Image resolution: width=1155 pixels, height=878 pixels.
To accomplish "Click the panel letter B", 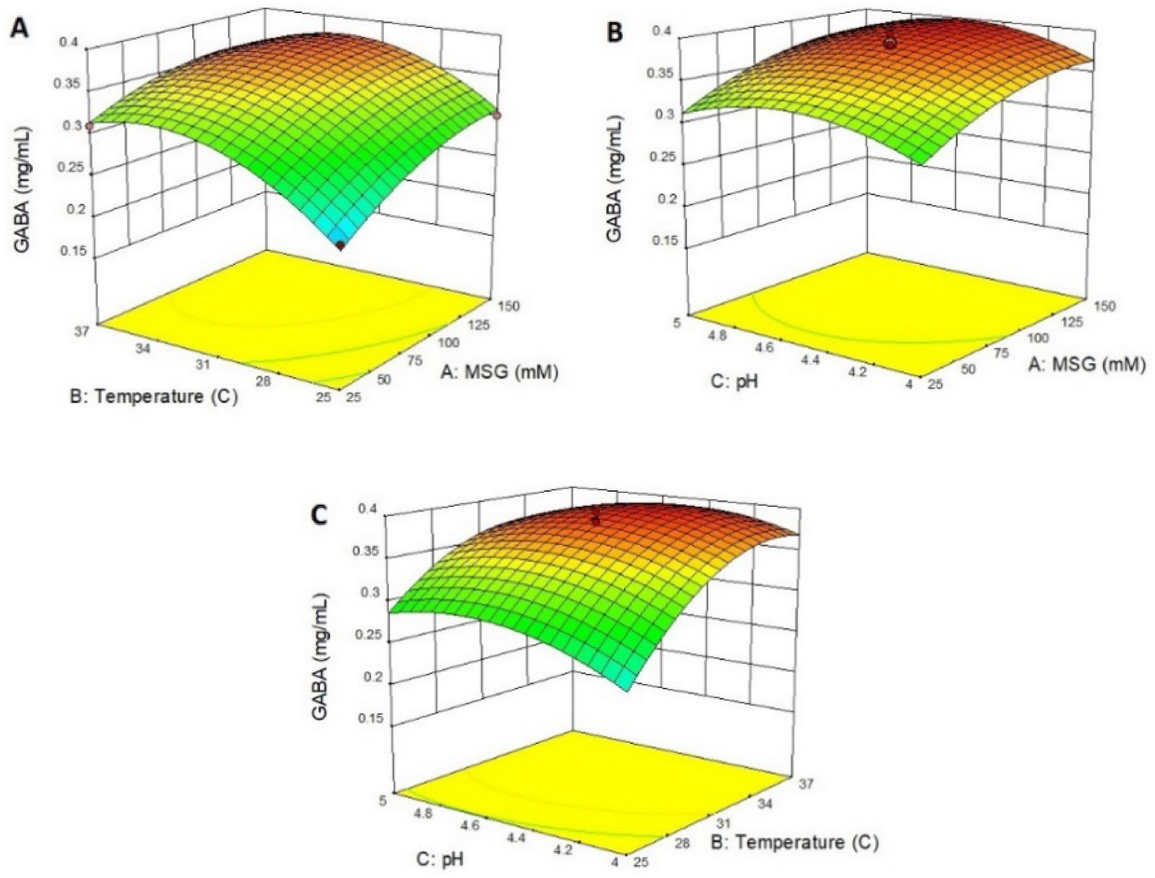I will coord(615,33).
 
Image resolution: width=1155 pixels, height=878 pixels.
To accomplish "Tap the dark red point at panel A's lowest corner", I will coord(340,246).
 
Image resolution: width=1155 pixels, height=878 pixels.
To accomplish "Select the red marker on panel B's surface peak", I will coord(890,43).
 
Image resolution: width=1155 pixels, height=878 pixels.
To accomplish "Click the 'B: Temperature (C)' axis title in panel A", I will coord(154,397).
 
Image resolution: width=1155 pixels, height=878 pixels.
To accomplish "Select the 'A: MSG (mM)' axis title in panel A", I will coord(500,373).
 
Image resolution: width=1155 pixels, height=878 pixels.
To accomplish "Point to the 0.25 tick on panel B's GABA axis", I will coord(663,157).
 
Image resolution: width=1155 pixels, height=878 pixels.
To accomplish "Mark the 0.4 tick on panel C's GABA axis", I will coord(367,509).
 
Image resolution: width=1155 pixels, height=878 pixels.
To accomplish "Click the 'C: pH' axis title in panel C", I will coord(440,858).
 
